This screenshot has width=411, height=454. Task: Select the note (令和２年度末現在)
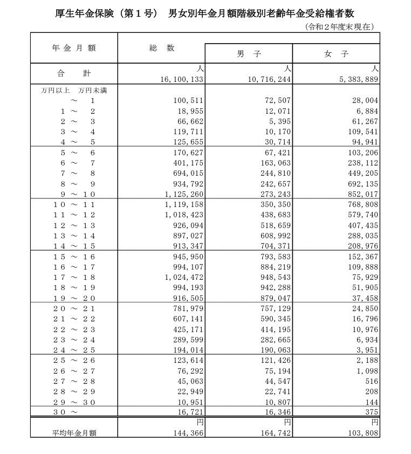339,26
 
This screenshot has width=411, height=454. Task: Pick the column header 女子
337,54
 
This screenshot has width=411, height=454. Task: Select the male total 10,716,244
269,79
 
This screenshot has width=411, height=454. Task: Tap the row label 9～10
74,194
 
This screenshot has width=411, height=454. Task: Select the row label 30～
65,412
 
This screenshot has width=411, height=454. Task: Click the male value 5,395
279,122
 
